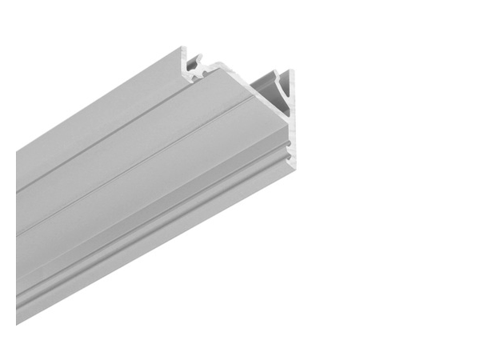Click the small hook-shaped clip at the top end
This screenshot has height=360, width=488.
195,62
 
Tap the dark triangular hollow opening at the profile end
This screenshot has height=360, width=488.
267,94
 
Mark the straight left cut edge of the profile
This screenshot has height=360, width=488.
17,240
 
